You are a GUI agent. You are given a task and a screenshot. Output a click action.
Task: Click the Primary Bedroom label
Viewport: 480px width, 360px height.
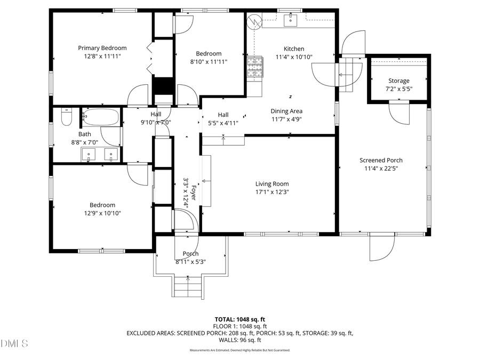click(x=102, y=48)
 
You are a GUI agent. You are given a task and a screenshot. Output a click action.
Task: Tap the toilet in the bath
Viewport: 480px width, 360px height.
click(x=66, y=117)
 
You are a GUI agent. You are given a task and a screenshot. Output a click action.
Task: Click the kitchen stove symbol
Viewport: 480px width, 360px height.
click(x=255, y=67)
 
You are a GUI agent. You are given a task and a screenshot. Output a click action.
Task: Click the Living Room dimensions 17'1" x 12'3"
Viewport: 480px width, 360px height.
click(x=272, y=192)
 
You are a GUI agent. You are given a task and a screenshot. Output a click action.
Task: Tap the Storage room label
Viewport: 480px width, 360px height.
click(x=399, y=81)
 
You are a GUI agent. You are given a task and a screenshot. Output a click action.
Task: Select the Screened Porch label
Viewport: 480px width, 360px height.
click(x=381, y=160)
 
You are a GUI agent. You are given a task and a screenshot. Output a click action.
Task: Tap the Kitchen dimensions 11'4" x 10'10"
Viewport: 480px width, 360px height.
click(x=294, y=57)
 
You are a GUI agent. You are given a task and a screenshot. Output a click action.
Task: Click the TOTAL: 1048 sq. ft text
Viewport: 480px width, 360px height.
click(x=239, y=319)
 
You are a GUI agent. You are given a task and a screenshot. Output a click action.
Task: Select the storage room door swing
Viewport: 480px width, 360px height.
click(x=399, y=112)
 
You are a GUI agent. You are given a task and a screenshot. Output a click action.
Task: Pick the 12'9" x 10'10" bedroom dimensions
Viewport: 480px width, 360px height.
click(x=102, y=213)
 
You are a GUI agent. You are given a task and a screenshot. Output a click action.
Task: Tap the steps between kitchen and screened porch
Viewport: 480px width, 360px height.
click(x=347, y=74)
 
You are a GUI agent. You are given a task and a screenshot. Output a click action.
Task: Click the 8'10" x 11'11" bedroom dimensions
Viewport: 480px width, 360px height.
click(x=209, y=62)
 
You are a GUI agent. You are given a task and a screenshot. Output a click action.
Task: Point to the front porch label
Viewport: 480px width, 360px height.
click(x=190, y=254)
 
